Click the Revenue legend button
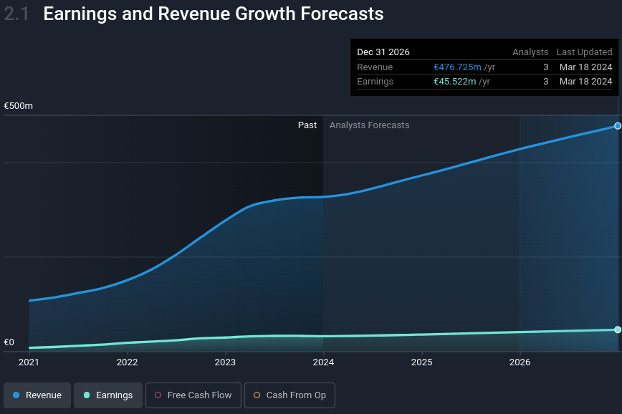(37, 395)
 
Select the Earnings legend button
(108, 395)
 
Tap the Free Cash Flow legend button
(193, 395)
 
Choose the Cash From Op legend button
(290, 395)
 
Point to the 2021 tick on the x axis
(29, 362)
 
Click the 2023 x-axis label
(225, 362)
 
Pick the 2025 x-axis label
(421, 362)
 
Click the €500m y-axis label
(19, 106)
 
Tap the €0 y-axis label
(9, 342)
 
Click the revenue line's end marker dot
(618, 126)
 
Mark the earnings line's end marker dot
(618, 329)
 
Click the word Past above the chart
(307, 125)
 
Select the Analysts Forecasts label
(369, 125)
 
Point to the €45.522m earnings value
(455, 82)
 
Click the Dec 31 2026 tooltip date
(383, 52)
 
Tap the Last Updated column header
(584, 52)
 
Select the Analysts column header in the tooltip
(530, 52)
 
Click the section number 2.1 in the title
(16, 14)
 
